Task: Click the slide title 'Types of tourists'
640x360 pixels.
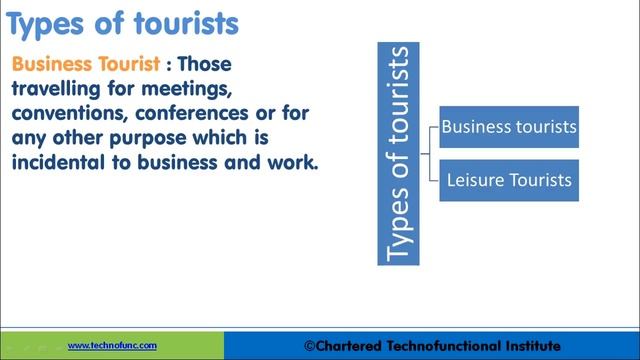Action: [x=122, y=24]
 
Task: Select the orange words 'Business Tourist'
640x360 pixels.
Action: [x=86, y=64]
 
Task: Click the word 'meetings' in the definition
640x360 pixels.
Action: [x=187, y=89]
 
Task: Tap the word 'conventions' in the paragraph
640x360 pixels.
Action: [x=67, y=113]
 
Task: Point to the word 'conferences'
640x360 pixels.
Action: [x=191, y=113]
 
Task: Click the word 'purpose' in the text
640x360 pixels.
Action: [x=148, y=139]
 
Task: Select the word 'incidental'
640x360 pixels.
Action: [x=58, y=162]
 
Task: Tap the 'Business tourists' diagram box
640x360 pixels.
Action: [x=509, y=127]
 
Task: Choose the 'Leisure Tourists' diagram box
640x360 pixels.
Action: [x=509, y=180]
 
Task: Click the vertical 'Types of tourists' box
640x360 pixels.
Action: [x=398, y=154]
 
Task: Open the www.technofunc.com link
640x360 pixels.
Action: [x=112, y=346]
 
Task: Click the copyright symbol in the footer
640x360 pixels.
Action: [x=309, y=346]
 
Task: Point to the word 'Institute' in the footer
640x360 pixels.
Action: [x=533, y=346]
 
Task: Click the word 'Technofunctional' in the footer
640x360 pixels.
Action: [x=444, y=346]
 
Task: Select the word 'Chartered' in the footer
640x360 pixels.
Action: [x=348, y=346]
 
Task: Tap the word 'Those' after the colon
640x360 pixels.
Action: [x=204, y=64]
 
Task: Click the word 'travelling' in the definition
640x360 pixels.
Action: [x=56, y=89]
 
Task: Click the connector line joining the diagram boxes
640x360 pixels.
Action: [x=430, y=154]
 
